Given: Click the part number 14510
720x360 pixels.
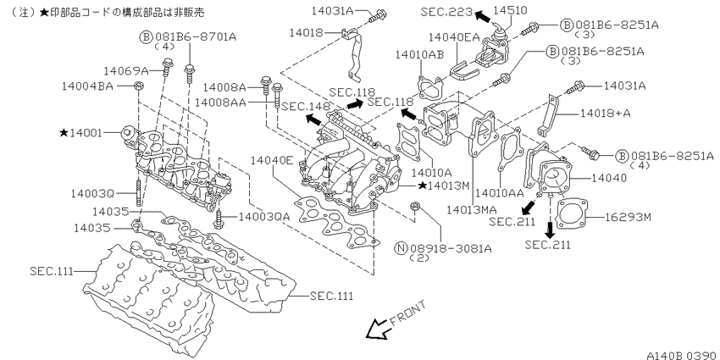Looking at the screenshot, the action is (x=511, y=9).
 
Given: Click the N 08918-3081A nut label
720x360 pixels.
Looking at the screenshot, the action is (x=443, y=248).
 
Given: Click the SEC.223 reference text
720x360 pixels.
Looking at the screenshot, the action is (x=446, y=11).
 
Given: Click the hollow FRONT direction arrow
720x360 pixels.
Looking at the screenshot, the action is (x=376, y=330).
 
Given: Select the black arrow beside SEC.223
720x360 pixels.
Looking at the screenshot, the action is (x=482, y=17).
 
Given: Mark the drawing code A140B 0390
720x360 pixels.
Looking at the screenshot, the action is (x=683, y=356).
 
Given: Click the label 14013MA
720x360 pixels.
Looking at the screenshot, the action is (x=472, y=210).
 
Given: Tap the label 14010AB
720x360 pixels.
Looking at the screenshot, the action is (x=419, y=55).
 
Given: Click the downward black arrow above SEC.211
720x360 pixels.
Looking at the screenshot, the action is (x=550, y=228).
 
